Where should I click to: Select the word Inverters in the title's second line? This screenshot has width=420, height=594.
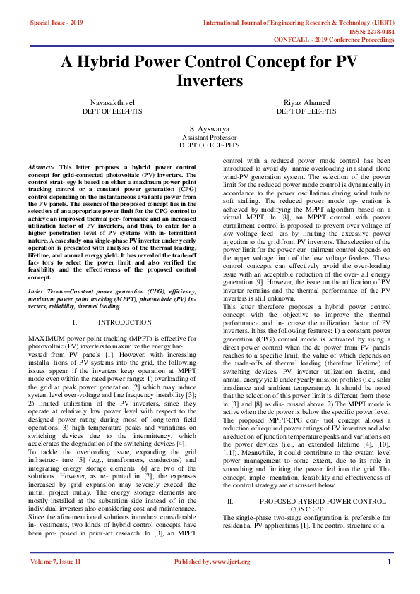(210, 82)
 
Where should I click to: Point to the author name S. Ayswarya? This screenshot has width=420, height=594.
(210, 129)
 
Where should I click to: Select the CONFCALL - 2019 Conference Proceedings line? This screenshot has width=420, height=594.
(342, 40)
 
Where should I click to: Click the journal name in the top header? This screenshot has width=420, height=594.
(299, 23)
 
